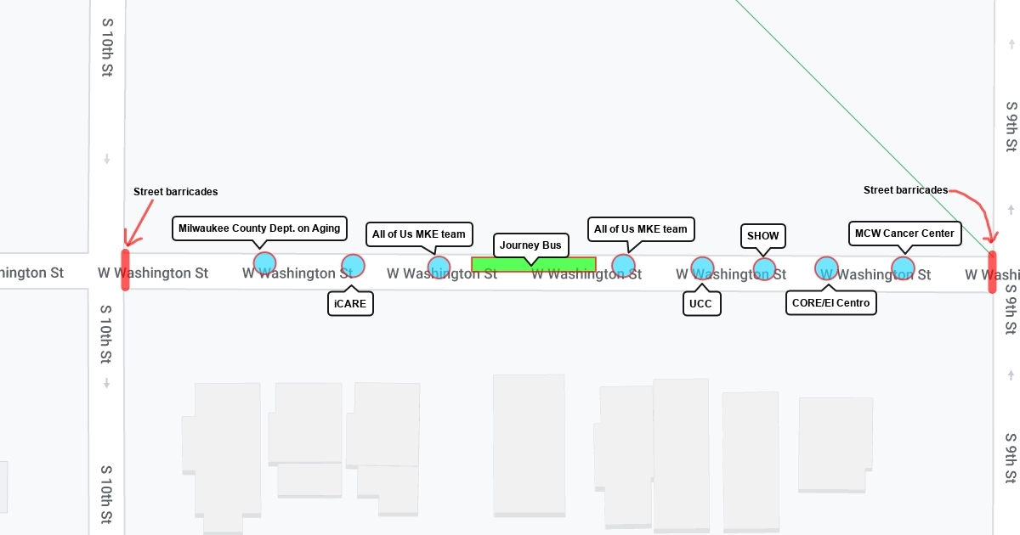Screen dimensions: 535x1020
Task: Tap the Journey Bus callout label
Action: click(530, 245)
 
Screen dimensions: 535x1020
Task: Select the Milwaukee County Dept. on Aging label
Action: click(259, 228)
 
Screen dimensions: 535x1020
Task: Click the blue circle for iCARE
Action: click(353, 266)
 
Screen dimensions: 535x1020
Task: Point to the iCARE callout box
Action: click(350, 303)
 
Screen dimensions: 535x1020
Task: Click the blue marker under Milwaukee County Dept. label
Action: click(264, 263)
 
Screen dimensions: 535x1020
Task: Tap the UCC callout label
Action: click(702, 303)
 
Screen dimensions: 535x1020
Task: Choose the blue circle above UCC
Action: click(702, 269)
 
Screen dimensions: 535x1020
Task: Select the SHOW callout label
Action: click(762, 235)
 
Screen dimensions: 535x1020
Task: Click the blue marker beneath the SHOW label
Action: click(764, 269)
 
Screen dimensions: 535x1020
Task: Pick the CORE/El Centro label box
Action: click(830, 303)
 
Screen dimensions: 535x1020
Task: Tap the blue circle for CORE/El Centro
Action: click(826, 268)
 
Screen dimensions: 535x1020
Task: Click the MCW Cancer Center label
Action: click(905, 233)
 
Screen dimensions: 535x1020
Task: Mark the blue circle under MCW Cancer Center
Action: click(903, 269)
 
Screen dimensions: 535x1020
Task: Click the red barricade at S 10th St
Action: click(126, 270)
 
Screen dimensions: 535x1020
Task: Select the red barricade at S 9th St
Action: click(992, 272)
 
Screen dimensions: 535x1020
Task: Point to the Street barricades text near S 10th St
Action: click(175, 192)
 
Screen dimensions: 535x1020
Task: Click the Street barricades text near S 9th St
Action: click(905, 190)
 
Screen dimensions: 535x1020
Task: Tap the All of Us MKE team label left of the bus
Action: click(419, 234)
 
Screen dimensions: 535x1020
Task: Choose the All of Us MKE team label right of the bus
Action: click(641, 229)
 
